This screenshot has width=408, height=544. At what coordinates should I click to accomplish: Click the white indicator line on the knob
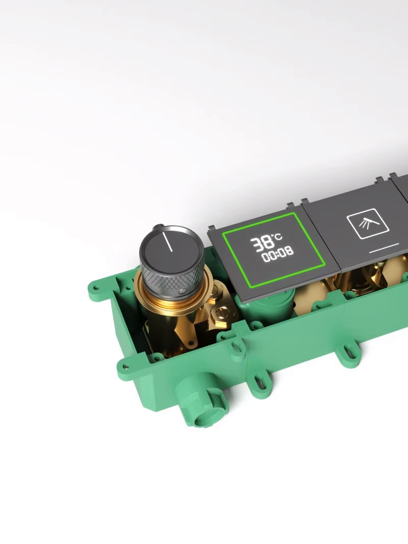[x=169, y=242]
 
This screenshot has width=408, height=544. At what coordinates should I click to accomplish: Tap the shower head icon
[x=368, y=224]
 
